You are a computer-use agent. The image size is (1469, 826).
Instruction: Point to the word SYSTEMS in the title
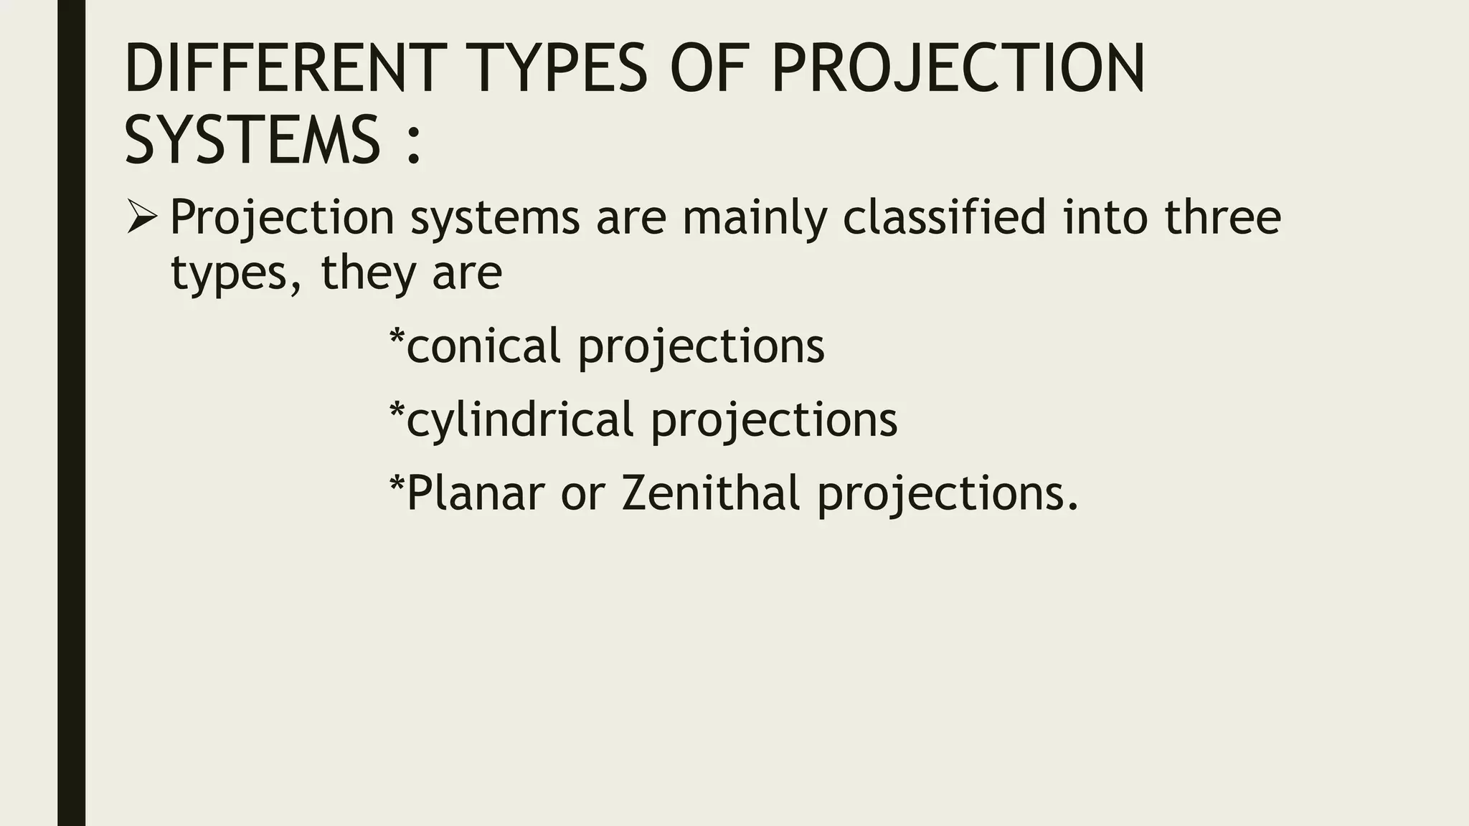(252, 139)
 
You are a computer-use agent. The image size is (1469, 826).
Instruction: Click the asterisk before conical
(397, 337)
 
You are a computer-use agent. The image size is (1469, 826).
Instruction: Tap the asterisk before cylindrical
(397, 411)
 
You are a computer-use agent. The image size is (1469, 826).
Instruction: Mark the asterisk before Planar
(397, 484)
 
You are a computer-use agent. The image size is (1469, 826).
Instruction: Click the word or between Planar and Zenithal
(583, 495)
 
